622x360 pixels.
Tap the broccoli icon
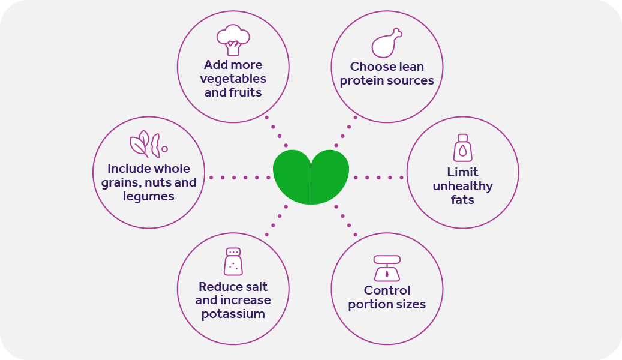pyautogui.click(x=233, y=40)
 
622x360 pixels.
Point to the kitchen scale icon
pyautogui.click(x=387, y=268)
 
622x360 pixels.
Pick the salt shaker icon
pyautogui.click(x=233, y=261)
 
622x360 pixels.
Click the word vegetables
pyautogui.click(x=233, y=79)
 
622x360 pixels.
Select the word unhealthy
pyautogui.click(x=462, y=186)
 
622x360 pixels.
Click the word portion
pyautogui.click(x=369, y=304)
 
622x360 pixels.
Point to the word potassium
pyautogui.click(x=233, y=314)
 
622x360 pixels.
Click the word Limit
pyautogui.click(x=462, y=172)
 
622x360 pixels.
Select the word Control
pyautogui.click(x=387, y=290)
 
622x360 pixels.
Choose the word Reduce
pyautogui.click(x=217, y=286)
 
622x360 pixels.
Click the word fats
pyautogui.click(x=462, y=200)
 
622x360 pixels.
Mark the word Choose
pyautogui.click(x=370, y=67)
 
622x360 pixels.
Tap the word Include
pyautogui.click(x=127, y=169)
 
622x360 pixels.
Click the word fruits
pyautogui.click(x=245, y=92)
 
